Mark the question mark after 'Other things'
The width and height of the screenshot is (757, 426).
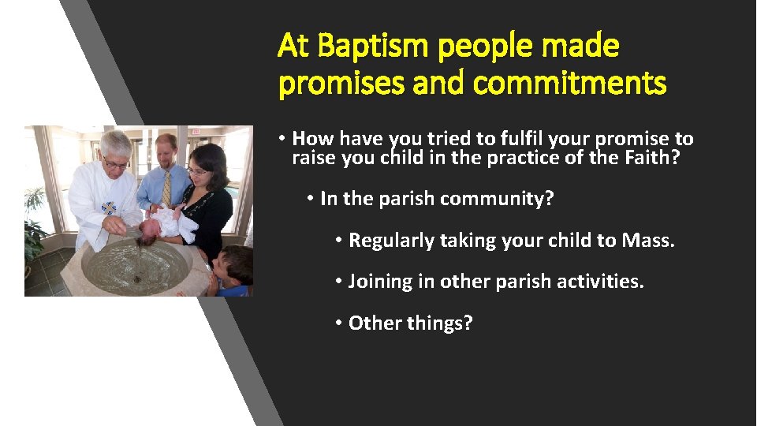tap(467, 322)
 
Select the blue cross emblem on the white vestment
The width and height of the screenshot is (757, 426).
tap(109, 208)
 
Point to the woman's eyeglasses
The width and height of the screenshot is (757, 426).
tap(197, 170)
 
